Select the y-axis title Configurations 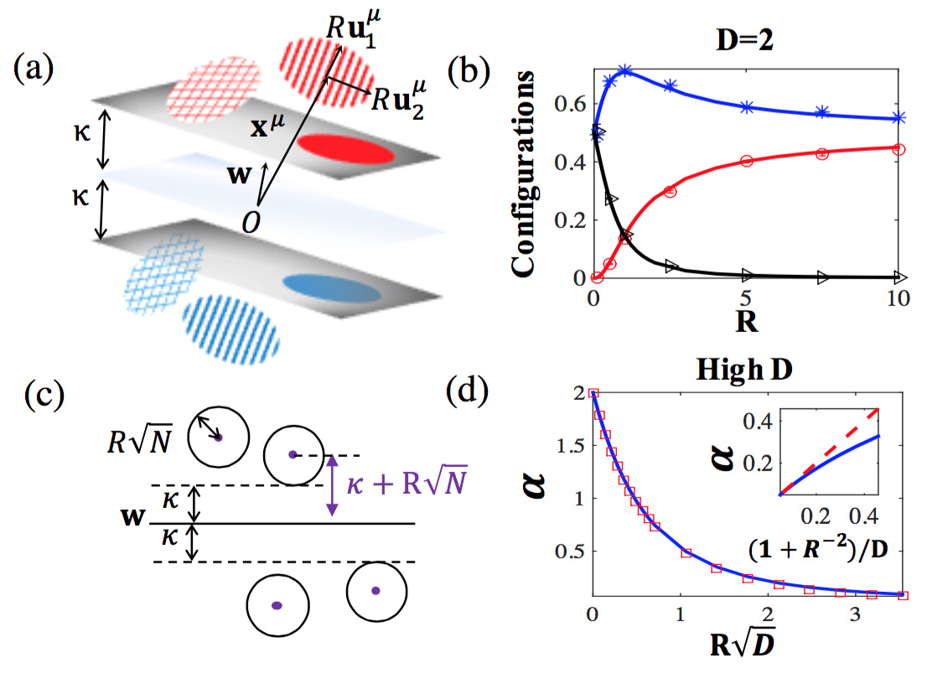(531, 173)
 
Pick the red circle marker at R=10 (899, 148)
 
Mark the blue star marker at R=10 (899, 118)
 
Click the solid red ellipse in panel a (345, 150)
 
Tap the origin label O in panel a (249, 220)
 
